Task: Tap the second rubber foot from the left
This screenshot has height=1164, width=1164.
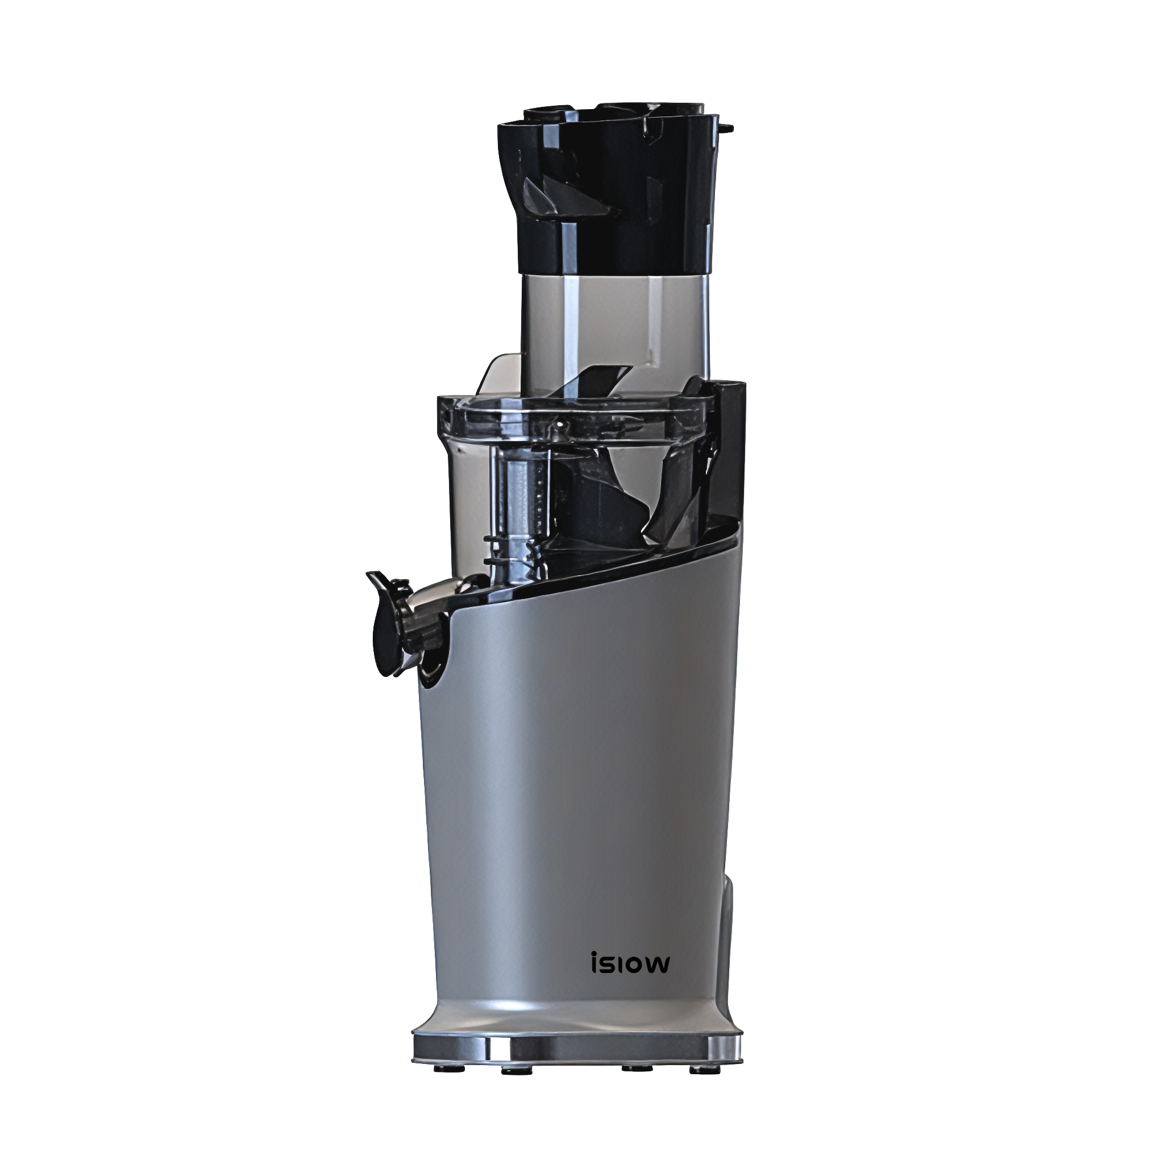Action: pyautogui.click(x=511, y=1070)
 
